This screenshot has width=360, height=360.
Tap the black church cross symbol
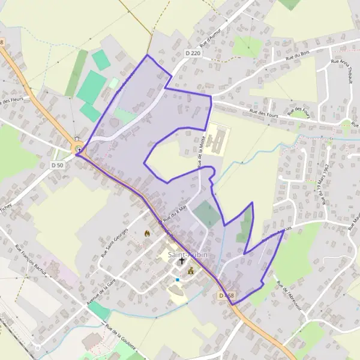(x=181, y=262)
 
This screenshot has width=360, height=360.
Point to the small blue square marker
(x=178, y=280)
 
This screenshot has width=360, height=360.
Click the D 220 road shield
(x=192, y=54)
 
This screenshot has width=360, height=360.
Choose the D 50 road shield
(x=57, y=164)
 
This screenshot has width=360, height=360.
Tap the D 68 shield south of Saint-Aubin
(x=226, y=296)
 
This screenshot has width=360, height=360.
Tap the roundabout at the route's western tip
(x=78, y=149)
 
